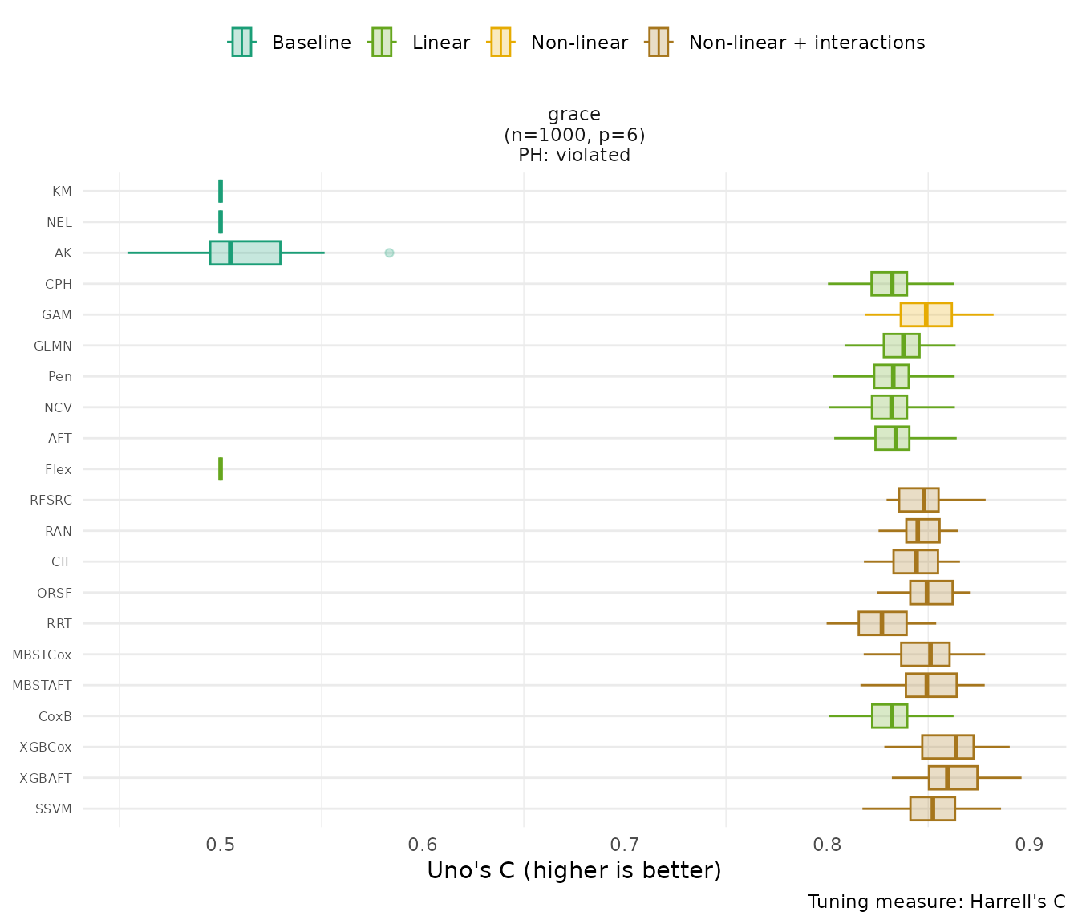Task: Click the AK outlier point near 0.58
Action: pos(389,253)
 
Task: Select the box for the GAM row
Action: pos(926,314)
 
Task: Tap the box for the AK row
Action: pos(245,253)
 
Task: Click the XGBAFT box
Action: pos(953,778)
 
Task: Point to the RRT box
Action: pos(882,623)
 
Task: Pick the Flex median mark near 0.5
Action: pos(221,469)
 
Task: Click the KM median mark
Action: pos(221,191)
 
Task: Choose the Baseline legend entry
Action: pos(311,43)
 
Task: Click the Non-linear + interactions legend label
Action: pos(806,43)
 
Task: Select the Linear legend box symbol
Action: pos(381,42)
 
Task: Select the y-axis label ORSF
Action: pos(55,593)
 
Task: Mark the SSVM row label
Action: pos(54,808)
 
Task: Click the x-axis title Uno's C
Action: pos(574,870)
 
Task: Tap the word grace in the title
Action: pos(574,114)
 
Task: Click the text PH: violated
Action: pos(574,155)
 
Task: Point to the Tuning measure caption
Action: pos(936,902)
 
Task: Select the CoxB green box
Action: pos(890,716)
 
